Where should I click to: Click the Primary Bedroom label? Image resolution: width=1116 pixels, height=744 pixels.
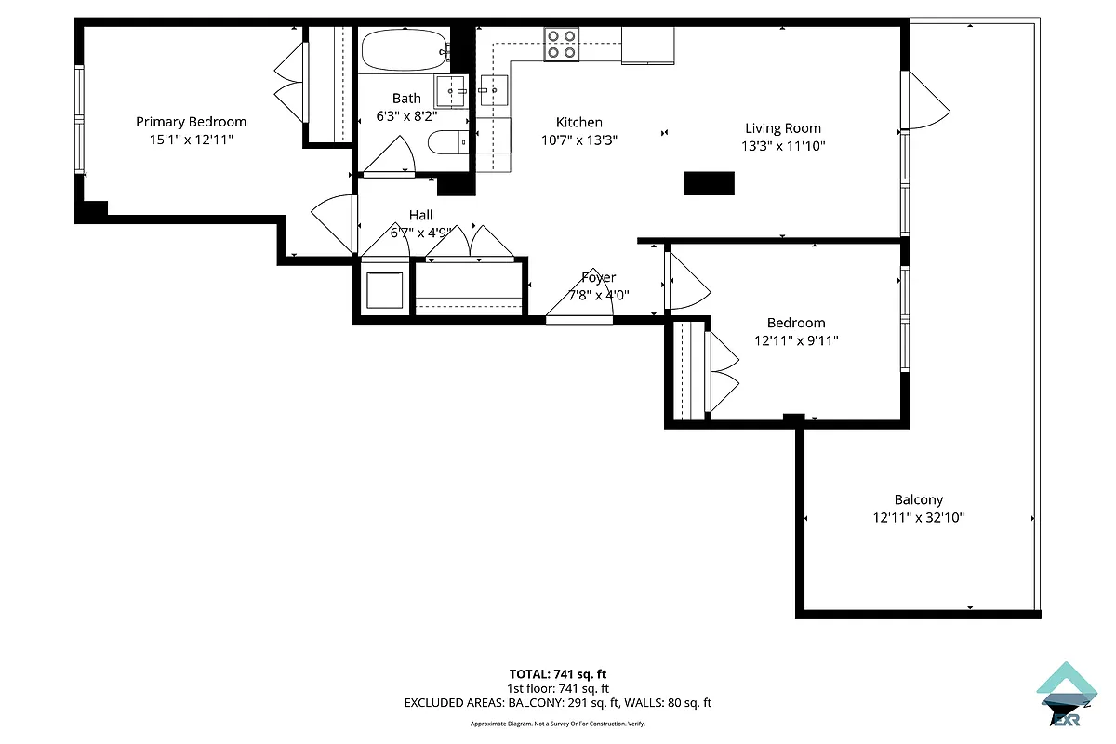coord(191,122)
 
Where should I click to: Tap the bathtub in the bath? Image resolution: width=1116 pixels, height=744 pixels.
coord(404,49)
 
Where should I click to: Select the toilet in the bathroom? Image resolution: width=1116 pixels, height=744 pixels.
coord(447,143)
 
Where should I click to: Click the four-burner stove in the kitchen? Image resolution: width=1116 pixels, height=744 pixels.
coord(562,44)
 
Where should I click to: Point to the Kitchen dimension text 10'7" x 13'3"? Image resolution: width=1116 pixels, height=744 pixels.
coord(579,139)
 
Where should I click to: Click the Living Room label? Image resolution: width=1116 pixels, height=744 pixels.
coord(782,128)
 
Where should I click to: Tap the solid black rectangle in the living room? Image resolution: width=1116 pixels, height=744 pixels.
coord(709,183)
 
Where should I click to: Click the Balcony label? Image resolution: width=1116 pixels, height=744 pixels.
coord(918,499)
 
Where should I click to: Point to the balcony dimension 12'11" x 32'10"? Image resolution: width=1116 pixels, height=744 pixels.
coord(918,517)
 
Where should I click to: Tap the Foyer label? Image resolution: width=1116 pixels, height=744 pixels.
coord(598,277)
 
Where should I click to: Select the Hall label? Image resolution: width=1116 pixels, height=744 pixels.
coord(420,216)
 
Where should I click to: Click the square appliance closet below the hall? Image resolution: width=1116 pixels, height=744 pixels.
coord(384,290)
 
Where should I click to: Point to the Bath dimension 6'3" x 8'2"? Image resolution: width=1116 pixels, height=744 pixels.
coord(405,116)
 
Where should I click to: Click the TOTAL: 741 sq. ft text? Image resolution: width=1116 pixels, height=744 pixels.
coord(558,674)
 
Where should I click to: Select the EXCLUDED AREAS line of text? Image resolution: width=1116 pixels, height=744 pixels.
coord(558,703)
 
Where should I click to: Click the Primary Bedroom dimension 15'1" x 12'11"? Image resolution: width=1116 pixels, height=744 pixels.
coord(191,139)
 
